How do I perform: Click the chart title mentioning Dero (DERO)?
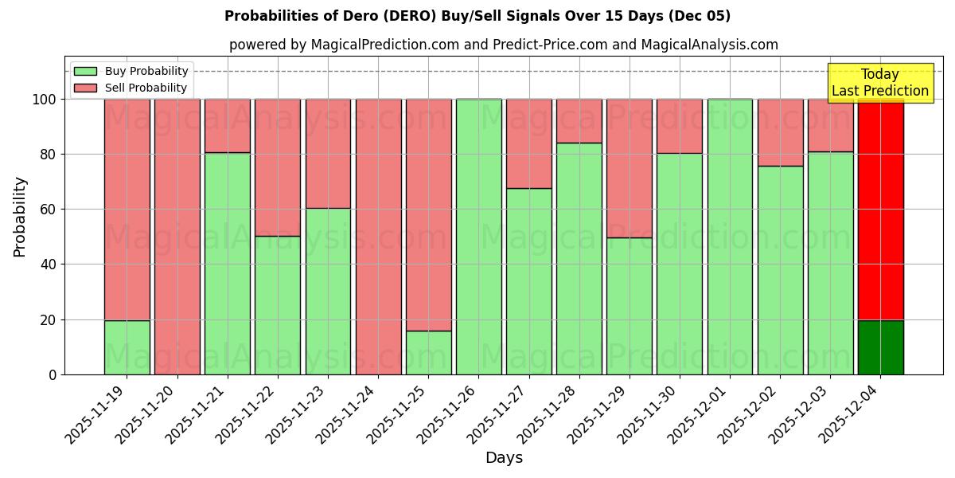pos(477,16)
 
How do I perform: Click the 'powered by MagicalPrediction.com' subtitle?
pos(503,45)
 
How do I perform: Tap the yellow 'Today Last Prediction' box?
pos(879,83)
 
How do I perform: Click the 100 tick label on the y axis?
pos(44,100)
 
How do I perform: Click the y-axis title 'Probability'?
pos(20,217)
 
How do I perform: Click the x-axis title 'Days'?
pos(504,458)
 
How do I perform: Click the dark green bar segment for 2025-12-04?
pos(880,347)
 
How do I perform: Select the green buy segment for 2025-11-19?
pos(127,347)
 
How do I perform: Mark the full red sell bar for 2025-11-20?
pos(177,237)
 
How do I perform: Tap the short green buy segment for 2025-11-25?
pos(428,353)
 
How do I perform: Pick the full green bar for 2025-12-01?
pos(730,237)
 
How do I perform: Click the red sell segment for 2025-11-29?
pos(630,168)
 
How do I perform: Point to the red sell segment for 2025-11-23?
pos(328,153)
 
